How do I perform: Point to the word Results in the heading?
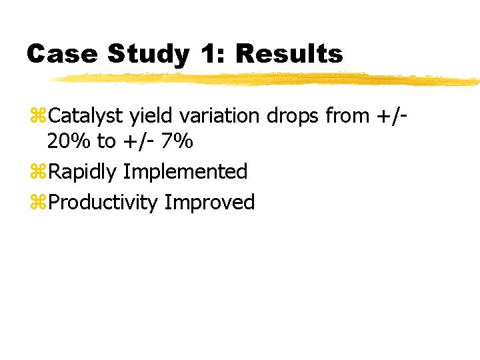click(291, 54)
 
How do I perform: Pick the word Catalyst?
click(86, 117)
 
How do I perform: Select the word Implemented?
click(185, 173)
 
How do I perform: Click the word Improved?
click(209, 203)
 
